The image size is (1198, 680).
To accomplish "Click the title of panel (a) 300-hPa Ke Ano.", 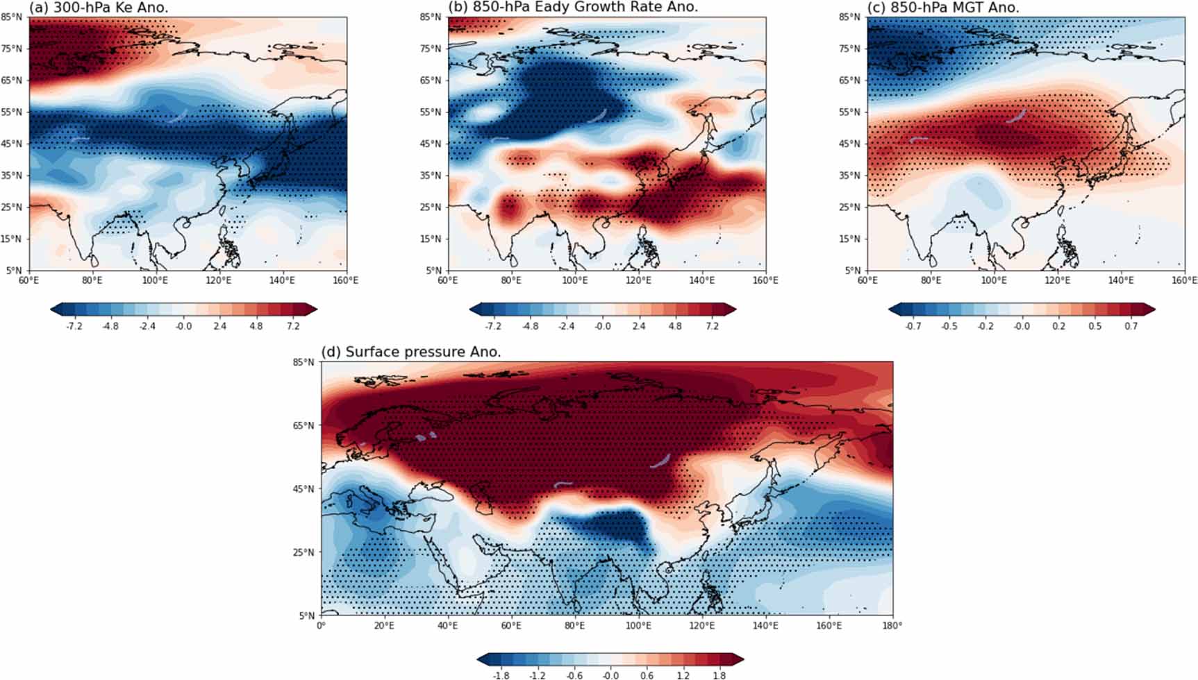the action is (98, 8).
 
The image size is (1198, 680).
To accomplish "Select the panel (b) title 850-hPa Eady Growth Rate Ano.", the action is (573, 8).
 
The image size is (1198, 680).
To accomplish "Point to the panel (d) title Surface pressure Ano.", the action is (410, 352).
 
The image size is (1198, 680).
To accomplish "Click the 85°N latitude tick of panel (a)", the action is (14, 17).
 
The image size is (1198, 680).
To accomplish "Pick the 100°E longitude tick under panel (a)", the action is (155, 280).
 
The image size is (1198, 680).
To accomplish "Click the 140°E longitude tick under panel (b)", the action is (701, 280).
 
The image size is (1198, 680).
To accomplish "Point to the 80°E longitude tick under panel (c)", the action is (931, 280).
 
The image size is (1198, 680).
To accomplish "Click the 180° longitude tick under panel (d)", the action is (892, 626).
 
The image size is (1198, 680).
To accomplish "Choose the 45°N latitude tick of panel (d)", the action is (305, 489).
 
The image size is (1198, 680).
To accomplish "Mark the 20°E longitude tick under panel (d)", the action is (384, 626).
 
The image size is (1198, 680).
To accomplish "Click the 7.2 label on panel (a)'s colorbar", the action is (292, 326).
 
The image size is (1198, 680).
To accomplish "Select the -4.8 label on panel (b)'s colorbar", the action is (529, 326).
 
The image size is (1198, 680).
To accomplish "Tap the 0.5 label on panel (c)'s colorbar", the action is (1095, 326).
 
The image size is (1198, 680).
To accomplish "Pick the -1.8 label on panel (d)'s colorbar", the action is (500, 675).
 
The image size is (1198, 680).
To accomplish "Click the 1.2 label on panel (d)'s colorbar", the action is (683, 675).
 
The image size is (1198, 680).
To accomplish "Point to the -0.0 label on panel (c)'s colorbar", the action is (1022, 326).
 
